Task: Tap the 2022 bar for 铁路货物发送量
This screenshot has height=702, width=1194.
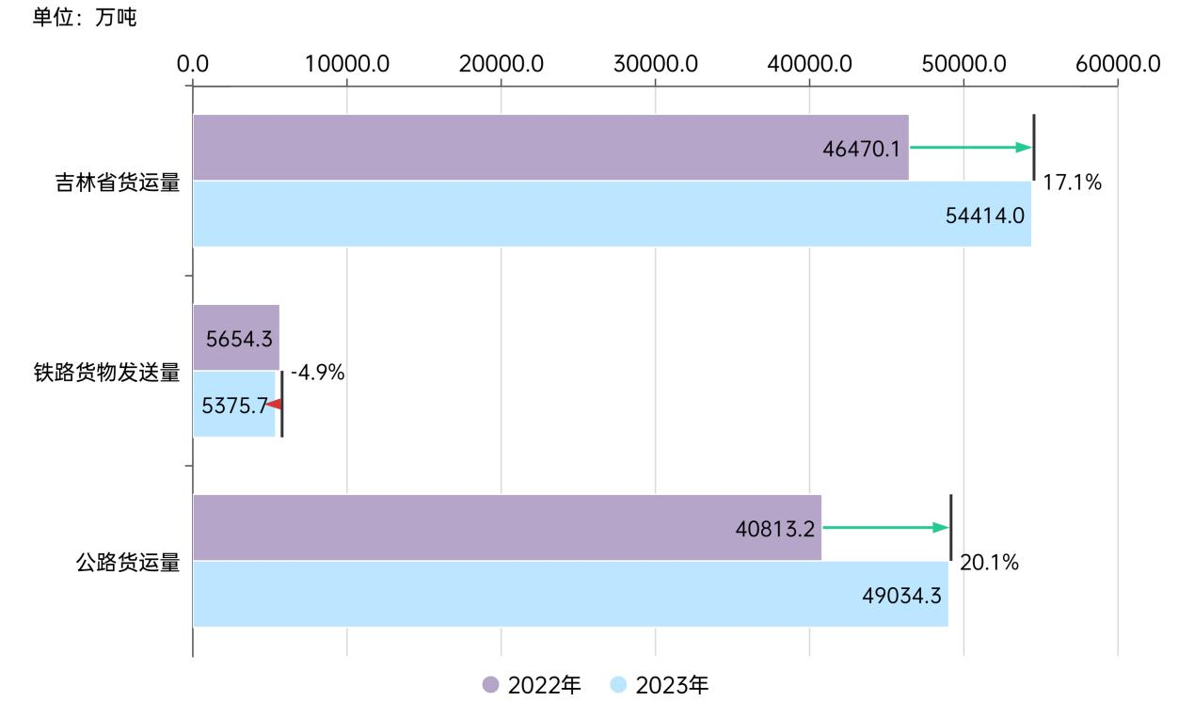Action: (235, 338)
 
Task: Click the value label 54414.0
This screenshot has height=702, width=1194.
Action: (984, 215)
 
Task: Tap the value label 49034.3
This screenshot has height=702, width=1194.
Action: (902, 595)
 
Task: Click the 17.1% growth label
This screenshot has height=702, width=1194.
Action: (1072, 183)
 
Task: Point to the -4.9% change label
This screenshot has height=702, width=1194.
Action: (318, 374)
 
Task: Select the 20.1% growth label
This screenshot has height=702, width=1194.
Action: (989, 564)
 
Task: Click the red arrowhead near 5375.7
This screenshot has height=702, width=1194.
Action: (274, 404)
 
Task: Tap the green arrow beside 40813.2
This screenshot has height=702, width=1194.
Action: (885, 527)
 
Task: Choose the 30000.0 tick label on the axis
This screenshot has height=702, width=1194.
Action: (655, 64)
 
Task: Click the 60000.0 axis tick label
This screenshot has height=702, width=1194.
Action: (1118, 64)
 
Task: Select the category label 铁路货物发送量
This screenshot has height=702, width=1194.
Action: (106, 373)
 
